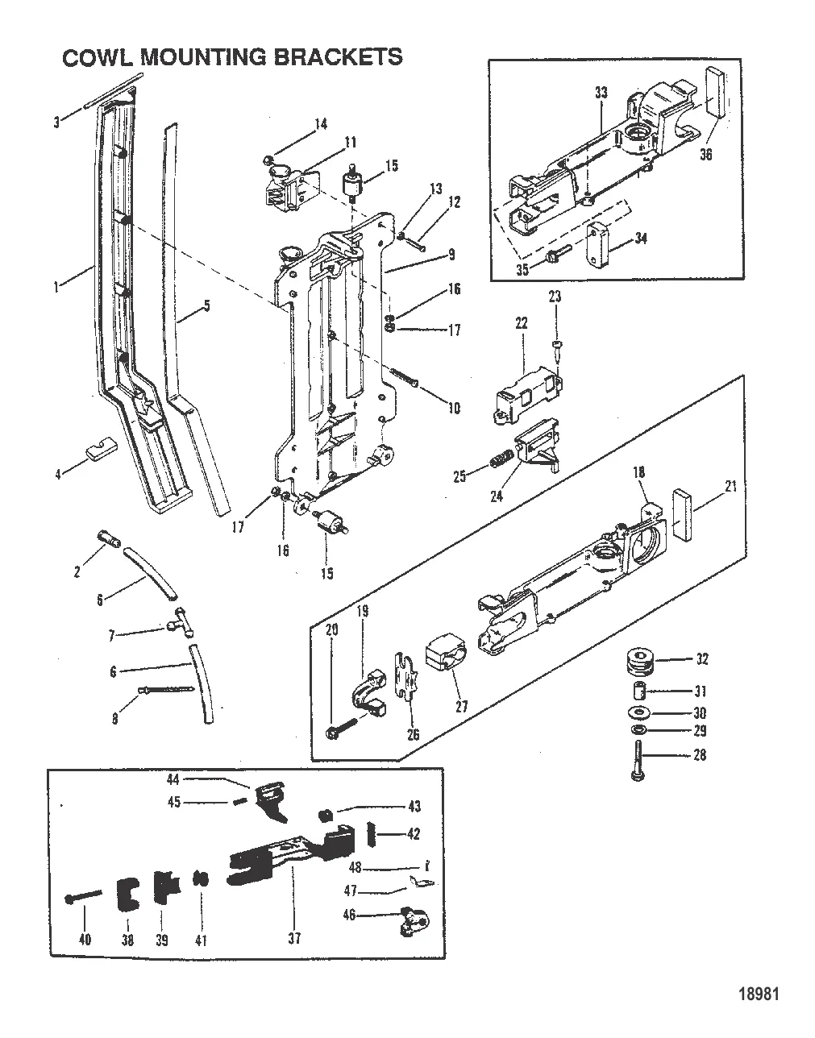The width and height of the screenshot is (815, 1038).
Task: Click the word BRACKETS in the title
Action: coord(338,57)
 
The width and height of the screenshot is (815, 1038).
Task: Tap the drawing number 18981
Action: coord(759,994)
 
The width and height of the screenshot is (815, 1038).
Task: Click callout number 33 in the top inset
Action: coord(601,92)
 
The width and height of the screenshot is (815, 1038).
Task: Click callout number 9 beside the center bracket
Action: coord(451,255)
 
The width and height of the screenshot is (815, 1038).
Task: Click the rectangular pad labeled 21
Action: coord(682,514)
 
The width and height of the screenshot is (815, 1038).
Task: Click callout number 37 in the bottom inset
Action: coord(294,938)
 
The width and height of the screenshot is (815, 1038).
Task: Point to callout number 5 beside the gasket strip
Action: coord(206,305)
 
